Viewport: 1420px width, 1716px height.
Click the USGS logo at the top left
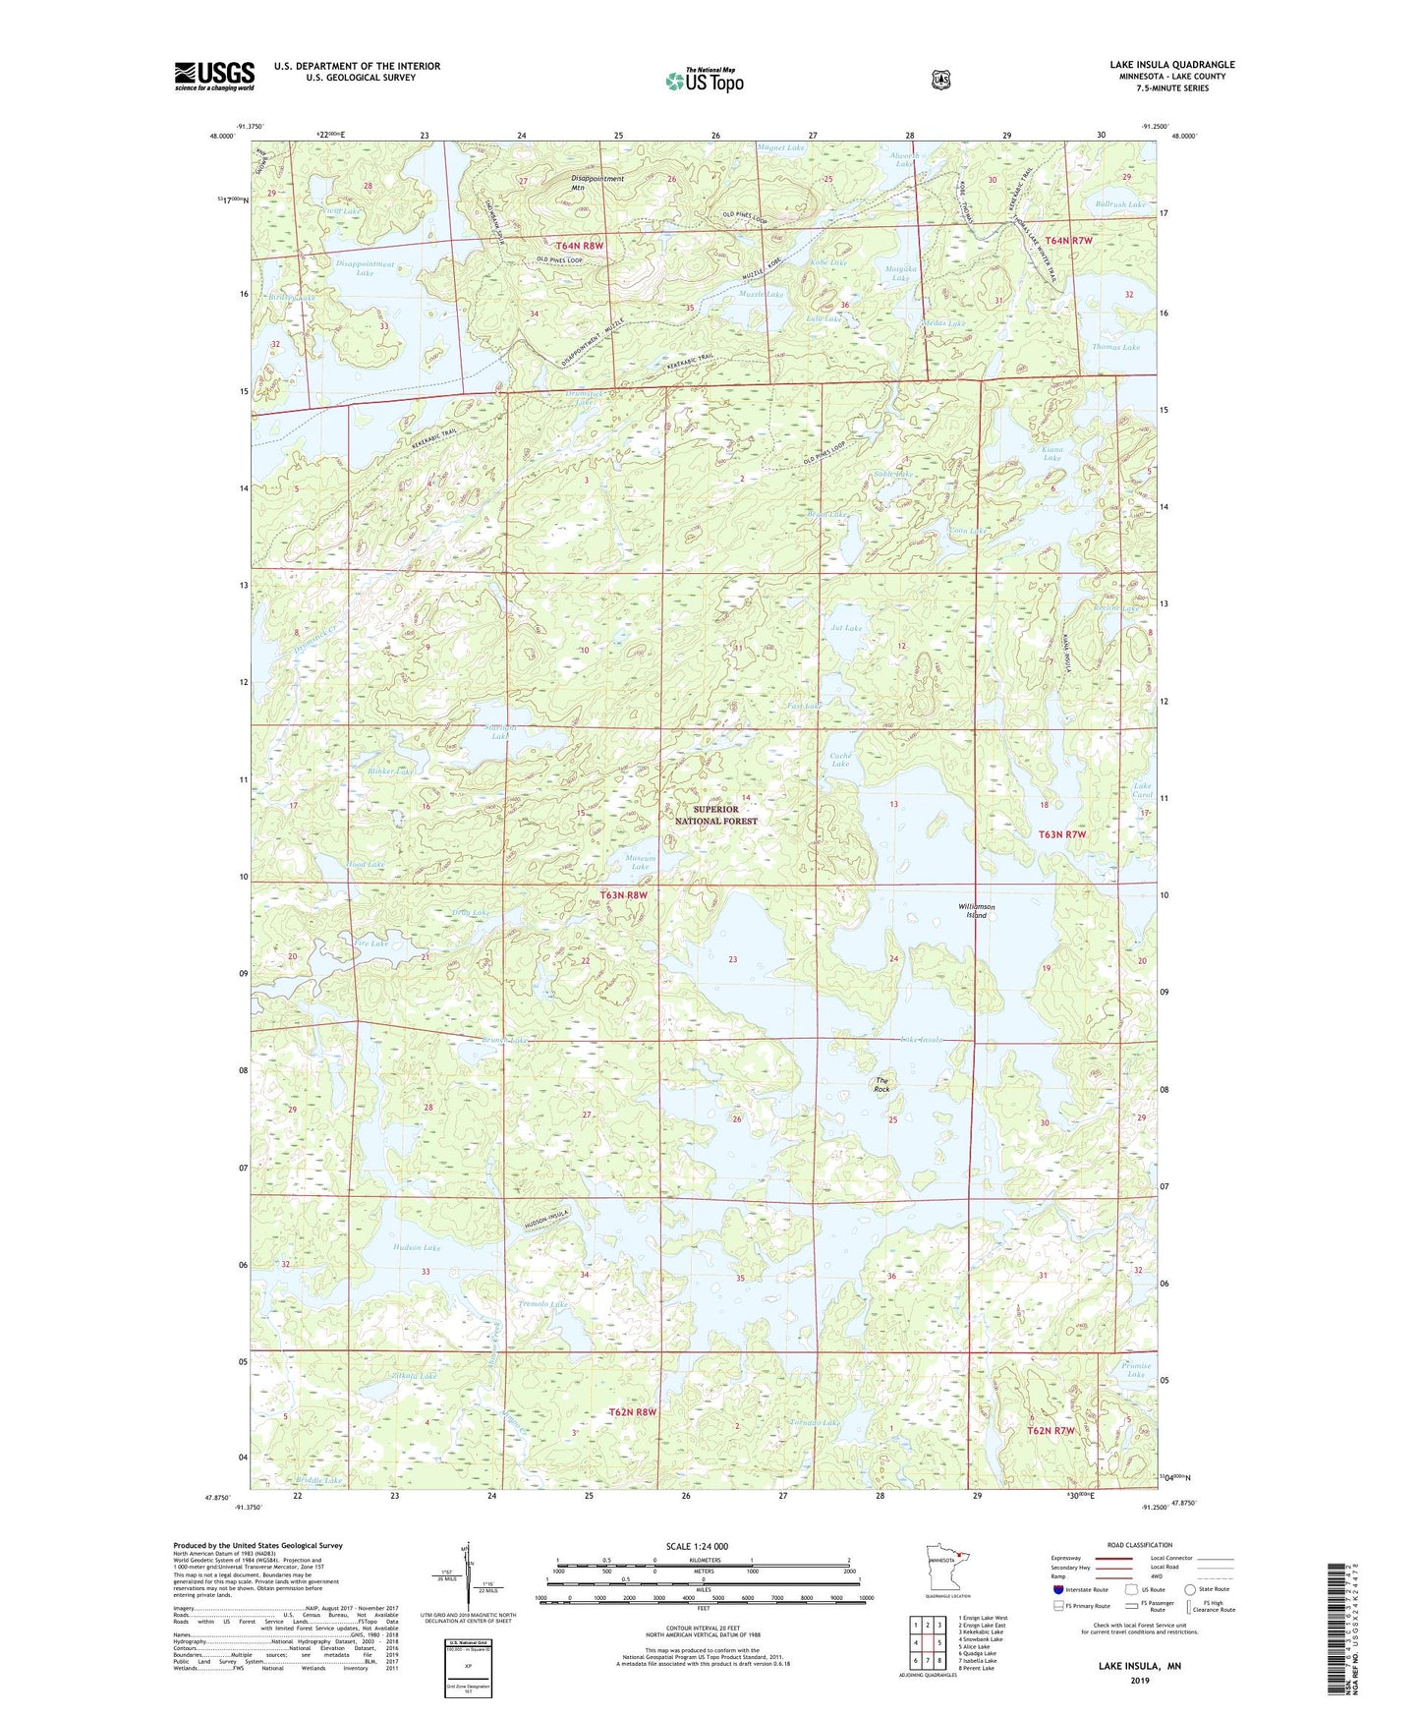(214, 76)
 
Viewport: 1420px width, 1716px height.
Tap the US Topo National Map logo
(704, 80)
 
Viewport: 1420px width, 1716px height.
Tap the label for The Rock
(881, 1085)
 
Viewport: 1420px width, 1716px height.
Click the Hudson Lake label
(417, 1247)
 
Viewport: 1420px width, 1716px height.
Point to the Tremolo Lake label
(542, 1304)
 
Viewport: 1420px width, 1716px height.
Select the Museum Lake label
(640, 862)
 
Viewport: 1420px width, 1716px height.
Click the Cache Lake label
(840, 759)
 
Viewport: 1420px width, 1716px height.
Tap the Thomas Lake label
(1115, 347)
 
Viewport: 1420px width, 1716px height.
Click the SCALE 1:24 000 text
(697, 1546)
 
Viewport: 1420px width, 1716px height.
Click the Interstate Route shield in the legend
(1057, 1589)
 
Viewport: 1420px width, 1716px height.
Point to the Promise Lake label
(1136, 1369)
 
